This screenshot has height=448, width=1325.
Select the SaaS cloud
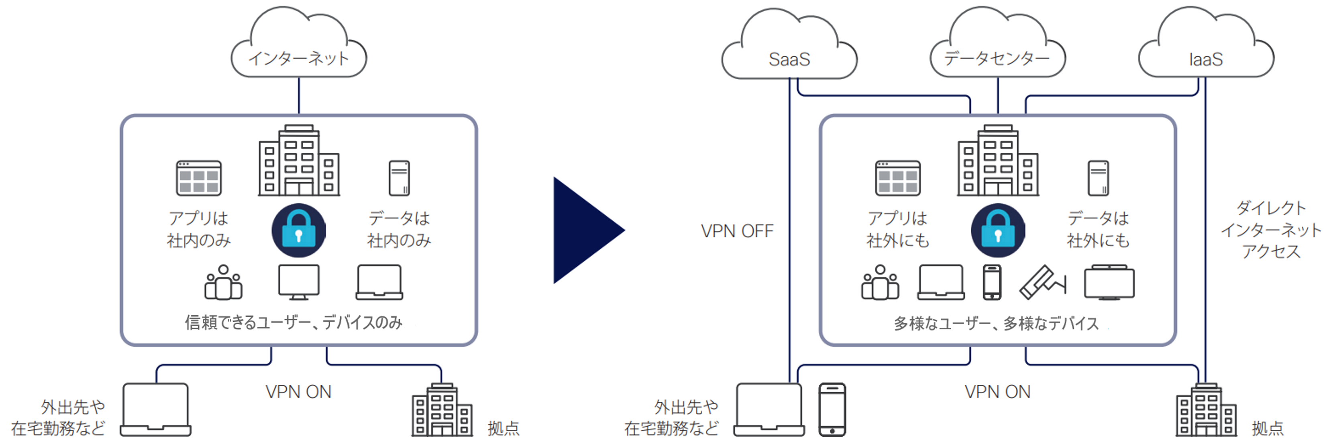tap(789, 51)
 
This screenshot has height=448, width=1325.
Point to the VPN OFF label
tap(737, 231)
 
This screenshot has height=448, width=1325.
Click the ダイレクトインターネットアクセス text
tap(1270, 230)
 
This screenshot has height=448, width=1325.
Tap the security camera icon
tap(1042, 282)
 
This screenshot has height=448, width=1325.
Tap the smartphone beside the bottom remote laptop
tap(832, 410)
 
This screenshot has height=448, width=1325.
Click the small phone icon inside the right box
tap(992, 282)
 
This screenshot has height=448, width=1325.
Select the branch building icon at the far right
tap(1206, 411)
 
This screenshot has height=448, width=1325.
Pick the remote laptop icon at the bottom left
tap(156, 410)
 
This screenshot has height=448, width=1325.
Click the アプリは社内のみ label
tap(198, 229)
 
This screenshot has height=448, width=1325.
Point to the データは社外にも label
tap(1098, 229)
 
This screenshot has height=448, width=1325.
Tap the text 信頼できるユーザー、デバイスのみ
tap(294, 323)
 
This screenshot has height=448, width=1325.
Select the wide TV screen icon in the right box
tap(1109, 282)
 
